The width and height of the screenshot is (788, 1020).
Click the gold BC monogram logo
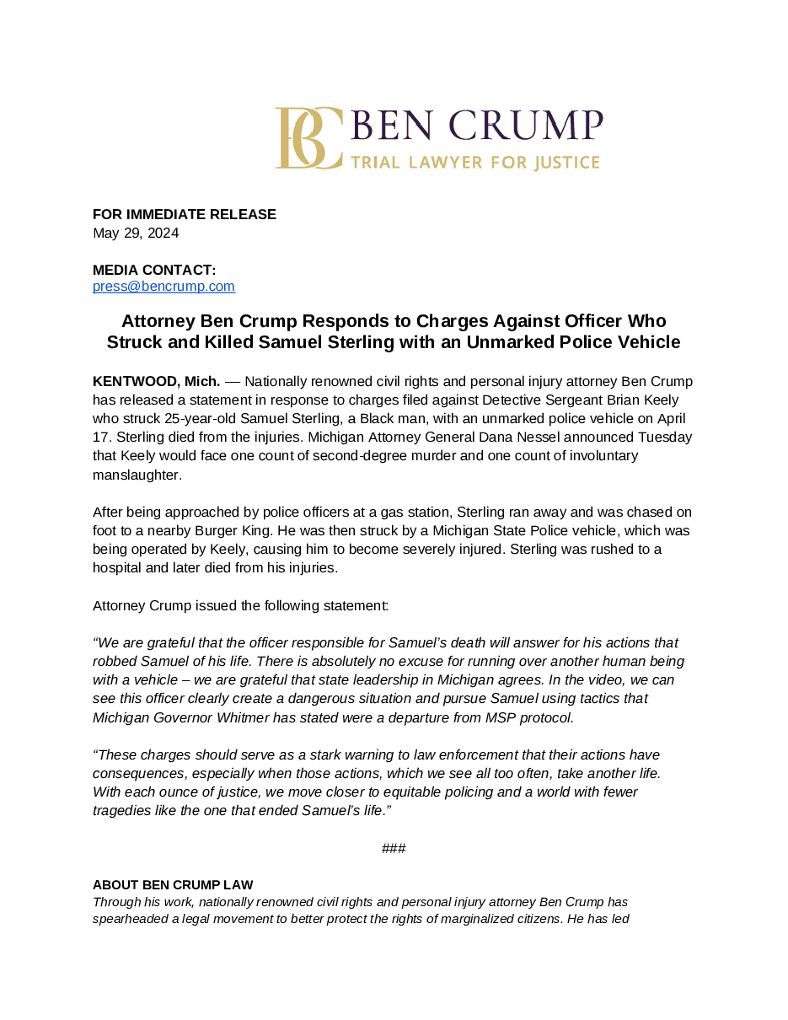pyautogui.click(x=308, y=137)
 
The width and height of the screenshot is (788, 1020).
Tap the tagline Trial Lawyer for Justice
pyautogui.click(x=474, y=162)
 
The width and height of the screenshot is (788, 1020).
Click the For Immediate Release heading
pyautogui.click(x=185, y=214)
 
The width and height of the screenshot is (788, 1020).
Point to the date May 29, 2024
pyautogui.click(x=136, y=233)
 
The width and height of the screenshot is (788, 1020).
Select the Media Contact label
pyautogui.click(x=154, y=270)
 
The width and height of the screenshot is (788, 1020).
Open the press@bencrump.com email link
pyautogui.click(x=163, y=287)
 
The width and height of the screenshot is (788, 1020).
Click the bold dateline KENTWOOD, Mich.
pyautogui.click(x=156, y=381)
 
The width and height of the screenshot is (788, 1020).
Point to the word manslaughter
pyautogui.click(x=137, y=475)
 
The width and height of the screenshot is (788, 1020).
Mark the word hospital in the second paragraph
pyautogui.click(x=118, y=567)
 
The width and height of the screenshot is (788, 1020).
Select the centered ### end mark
pyautogui.click(x=394, y=848)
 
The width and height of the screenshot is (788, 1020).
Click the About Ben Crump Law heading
pyautogui.click(x=173, y=884)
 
